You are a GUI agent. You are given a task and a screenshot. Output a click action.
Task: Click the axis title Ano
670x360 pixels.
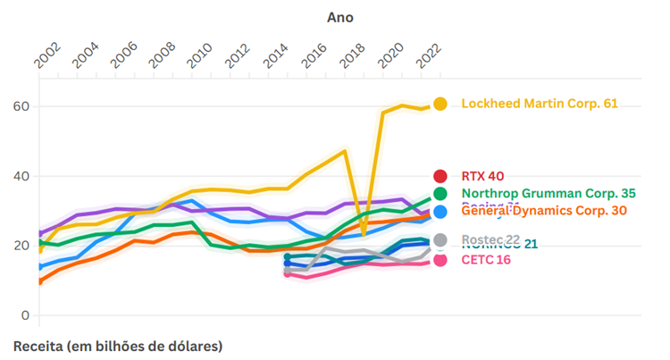340,17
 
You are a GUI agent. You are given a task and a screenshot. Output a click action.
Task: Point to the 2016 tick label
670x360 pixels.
314,54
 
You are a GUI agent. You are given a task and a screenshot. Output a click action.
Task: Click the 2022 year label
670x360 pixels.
428,54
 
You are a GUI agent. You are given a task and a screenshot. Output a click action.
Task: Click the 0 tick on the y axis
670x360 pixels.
26,315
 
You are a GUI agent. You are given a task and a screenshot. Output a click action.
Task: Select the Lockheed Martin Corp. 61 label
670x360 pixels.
540,104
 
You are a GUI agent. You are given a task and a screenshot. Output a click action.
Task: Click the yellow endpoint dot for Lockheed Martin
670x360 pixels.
440,105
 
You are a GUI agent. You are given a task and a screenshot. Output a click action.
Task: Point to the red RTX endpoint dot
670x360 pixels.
440,176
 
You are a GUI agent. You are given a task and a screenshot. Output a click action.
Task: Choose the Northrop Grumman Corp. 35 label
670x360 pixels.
549,193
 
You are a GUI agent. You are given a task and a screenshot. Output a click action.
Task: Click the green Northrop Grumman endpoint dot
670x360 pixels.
440,193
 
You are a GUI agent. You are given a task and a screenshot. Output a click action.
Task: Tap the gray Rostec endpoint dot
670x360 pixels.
440,239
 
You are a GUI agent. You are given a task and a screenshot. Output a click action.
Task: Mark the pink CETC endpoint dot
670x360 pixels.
440,261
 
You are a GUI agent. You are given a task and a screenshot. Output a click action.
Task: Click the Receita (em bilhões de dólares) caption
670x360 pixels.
118,345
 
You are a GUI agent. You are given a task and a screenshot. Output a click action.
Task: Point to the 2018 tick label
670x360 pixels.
352,54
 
